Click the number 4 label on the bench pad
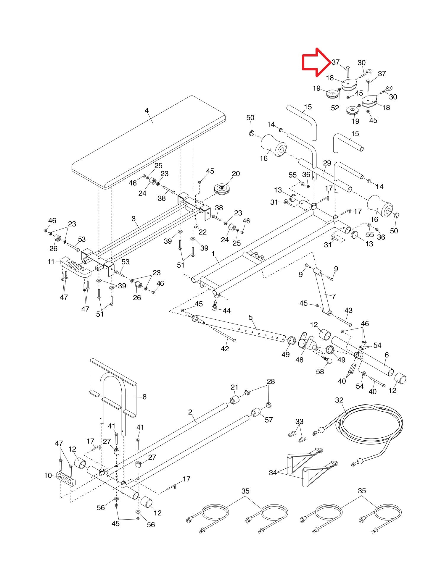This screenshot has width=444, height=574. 147,111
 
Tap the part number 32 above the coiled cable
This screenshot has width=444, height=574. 339,400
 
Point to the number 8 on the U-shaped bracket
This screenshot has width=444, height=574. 144,397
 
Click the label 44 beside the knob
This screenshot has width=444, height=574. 227,311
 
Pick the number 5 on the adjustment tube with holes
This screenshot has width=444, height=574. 251,318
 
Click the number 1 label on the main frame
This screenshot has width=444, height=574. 213,253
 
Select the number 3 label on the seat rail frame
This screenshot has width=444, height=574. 133,219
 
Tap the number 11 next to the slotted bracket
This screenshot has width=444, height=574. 51,261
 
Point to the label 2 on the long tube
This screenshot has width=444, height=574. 190,412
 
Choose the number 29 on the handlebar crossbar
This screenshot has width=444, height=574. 327,163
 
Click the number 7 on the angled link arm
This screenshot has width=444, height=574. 334,296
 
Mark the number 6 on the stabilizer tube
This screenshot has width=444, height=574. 387,355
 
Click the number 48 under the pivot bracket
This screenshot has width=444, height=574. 300,360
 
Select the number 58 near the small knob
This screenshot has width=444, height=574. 320,371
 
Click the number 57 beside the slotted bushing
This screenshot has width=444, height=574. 269,420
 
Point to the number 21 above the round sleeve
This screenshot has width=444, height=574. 234,387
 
